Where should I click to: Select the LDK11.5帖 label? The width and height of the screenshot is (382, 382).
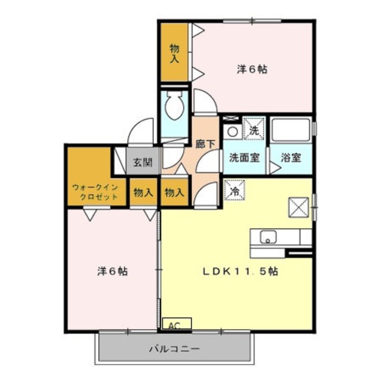(239, 270)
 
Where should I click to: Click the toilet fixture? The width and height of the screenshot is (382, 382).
(175, 107)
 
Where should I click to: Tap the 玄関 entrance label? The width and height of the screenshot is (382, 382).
(142, 162)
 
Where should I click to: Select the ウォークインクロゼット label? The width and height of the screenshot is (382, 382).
(96, 192)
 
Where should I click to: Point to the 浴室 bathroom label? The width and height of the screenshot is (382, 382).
(291, 158)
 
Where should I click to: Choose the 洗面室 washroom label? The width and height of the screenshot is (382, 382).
(244, 158)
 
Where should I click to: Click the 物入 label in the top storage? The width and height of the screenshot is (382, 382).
(174, 53)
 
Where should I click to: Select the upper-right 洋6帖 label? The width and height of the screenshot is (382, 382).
(251, 69)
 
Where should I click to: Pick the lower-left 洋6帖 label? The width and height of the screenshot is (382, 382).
(112, 270)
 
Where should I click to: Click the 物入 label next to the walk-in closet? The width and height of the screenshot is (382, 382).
(143, 193)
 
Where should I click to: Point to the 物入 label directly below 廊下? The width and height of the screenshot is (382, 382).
(174, 193)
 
